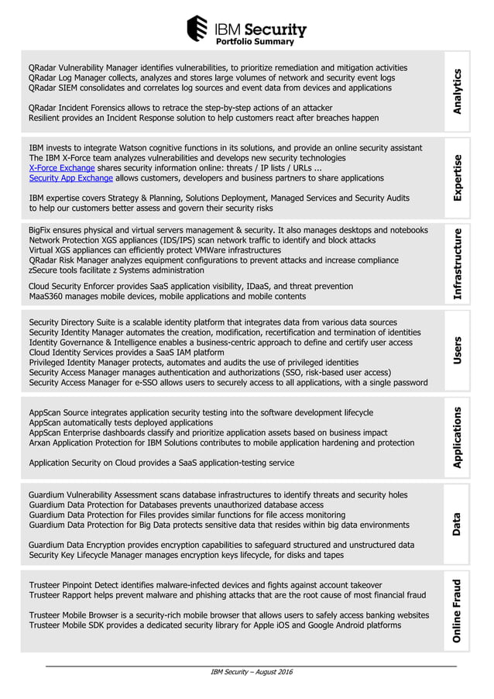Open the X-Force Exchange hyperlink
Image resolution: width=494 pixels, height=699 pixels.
point(62,168)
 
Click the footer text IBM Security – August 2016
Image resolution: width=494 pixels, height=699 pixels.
point(252,671)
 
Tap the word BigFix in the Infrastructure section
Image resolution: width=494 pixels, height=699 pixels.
point(42,230)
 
